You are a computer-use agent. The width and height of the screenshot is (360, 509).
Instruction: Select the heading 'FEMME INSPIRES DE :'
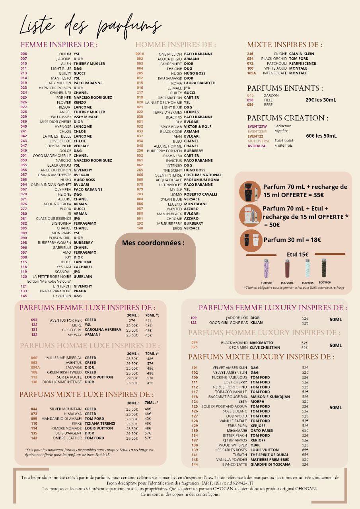point(59,45)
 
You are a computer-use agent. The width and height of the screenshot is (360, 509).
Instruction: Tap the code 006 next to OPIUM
point(24,54)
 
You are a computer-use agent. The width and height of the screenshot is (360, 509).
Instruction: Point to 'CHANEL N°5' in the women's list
point(60,93)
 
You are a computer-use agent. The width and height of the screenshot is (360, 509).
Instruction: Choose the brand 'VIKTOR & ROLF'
point(198,126)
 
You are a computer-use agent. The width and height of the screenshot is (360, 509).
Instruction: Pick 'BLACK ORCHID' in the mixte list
point(274,58)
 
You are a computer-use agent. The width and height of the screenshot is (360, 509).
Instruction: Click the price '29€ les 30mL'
point(321,100)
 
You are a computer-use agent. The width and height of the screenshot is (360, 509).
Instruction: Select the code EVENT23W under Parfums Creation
point(258,126)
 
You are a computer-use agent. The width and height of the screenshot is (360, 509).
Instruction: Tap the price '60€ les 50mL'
point(321,136)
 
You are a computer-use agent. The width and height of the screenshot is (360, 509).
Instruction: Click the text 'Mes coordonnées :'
point(153,243)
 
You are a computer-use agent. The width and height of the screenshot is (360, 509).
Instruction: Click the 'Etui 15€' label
point(297,254)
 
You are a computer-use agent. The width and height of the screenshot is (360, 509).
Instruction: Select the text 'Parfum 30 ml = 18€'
point(292,239)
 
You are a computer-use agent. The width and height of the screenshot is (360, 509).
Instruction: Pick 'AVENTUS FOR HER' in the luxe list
point(66,320)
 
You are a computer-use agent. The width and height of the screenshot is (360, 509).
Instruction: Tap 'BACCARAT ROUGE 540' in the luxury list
point(230,397)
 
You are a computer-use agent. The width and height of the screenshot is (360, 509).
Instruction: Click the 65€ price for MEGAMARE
point(305,431)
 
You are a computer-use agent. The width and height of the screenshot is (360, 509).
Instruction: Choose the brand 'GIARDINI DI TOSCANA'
point(270,464)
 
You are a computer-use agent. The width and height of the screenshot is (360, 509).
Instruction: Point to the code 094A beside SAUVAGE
point(35,367)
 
